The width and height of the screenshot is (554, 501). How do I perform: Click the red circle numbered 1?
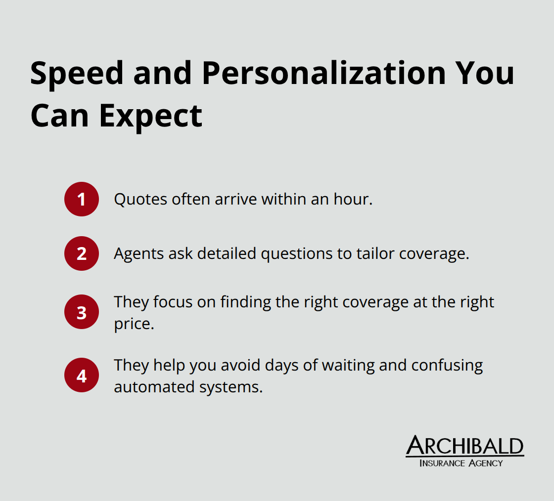[x=82, y=199]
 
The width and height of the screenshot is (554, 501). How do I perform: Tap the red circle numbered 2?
[x=82, y=253]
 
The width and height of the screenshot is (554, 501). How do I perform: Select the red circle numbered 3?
[x=82, y=312]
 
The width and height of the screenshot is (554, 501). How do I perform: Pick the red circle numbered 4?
[x=82, y=375]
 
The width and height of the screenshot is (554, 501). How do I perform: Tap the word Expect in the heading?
[x=151, y=116]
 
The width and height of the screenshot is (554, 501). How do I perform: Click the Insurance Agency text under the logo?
[x=461, y=463]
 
